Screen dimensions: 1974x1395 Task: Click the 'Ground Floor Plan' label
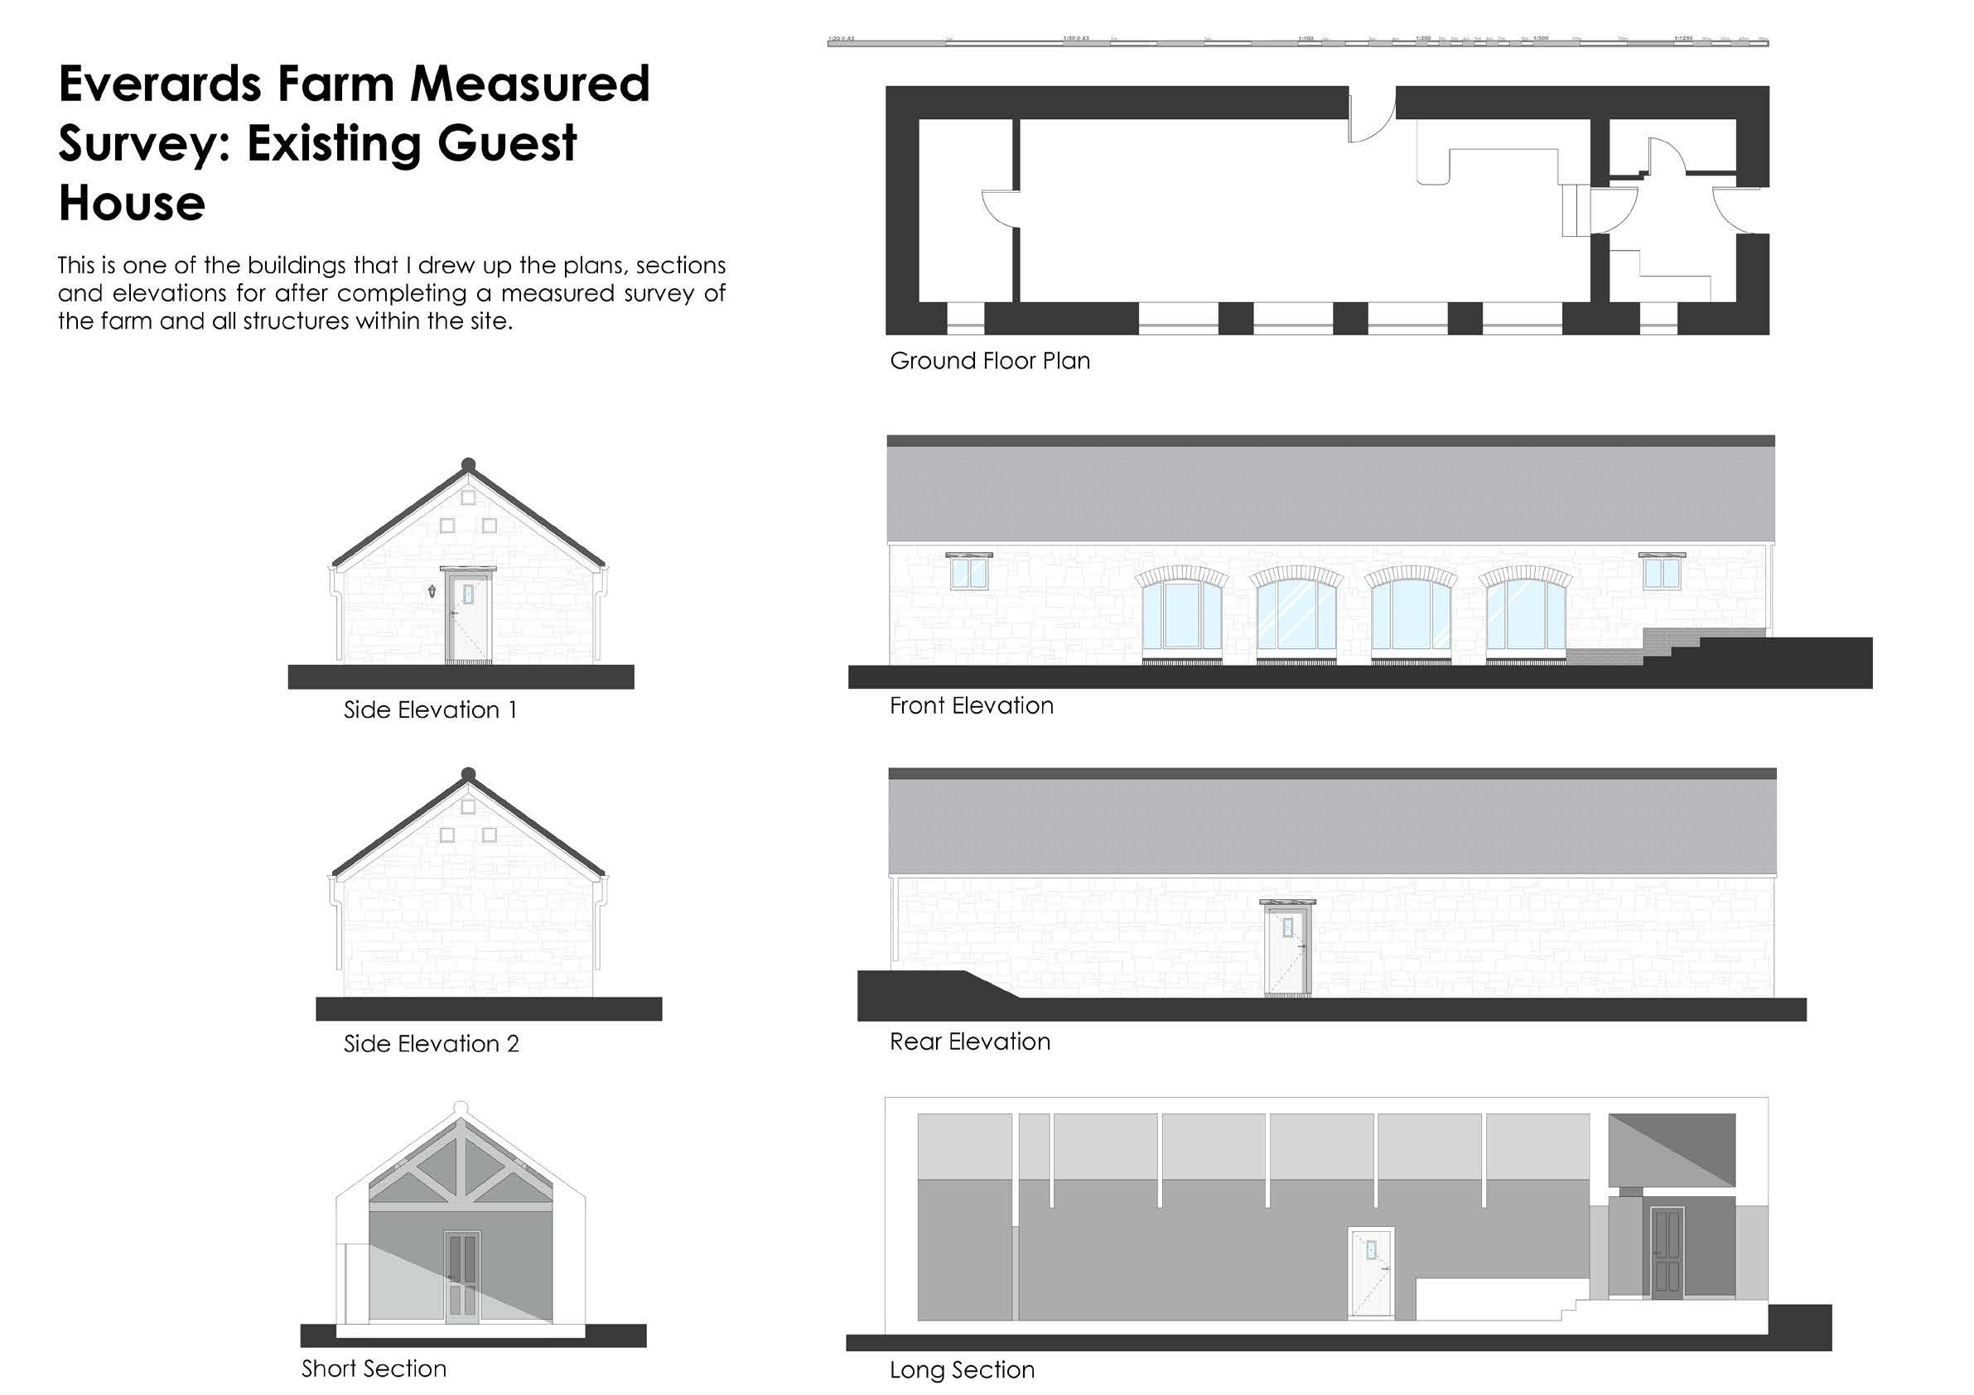[x=990, y=361]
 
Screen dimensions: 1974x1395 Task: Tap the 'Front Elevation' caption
[x=972, y=705]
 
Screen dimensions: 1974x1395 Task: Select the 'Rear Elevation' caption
[x=970, y=1041]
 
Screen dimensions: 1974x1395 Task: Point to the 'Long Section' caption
[x=962, y=1370]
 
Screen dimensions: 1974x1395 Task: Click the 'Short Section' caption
[x=374, y=1369]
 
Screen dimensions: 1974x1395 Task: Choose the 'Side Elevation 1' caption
[x=430, y=710]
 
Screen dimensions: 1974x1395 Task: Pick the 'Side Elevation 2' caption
[x=432, y=1044]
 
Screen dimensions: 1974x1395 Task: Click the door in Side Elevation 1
[x=469, y=619]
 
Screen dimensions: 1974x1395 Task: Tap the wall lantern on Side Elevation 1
[x=432, y=590]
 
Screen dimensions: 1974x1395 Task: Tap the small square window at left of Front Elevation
[x=969, y=572]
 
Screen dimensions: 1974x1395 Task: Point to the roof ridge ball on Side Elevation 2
[x=469, y=774]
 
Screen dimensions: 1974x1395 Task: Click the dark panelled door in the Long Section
[x=1665, y=1253]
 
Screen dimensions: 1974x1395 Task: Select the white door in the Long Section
[x=1370, y=1272]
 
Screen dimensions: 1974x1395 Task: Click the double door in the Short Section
[x=461, y=1277]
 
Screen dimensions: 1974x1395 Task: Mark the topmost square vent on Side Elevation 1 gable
[x=469, y=498]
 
